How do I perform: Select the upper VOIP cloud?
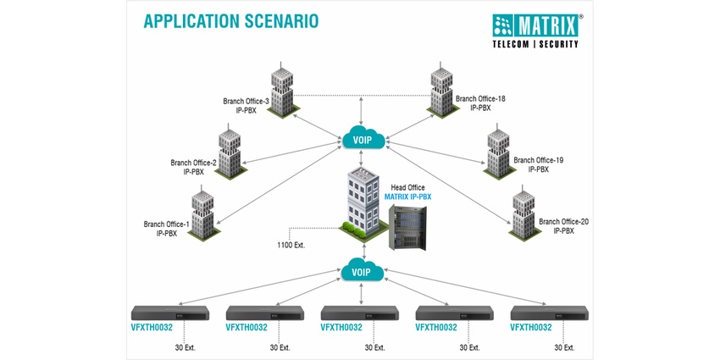pos(362,136)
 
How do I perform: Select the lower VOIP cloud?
pos(362,272)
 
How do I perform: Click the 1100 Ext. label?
pos(291,245)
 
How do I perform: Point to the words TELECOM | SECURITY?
pos(535,44)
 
